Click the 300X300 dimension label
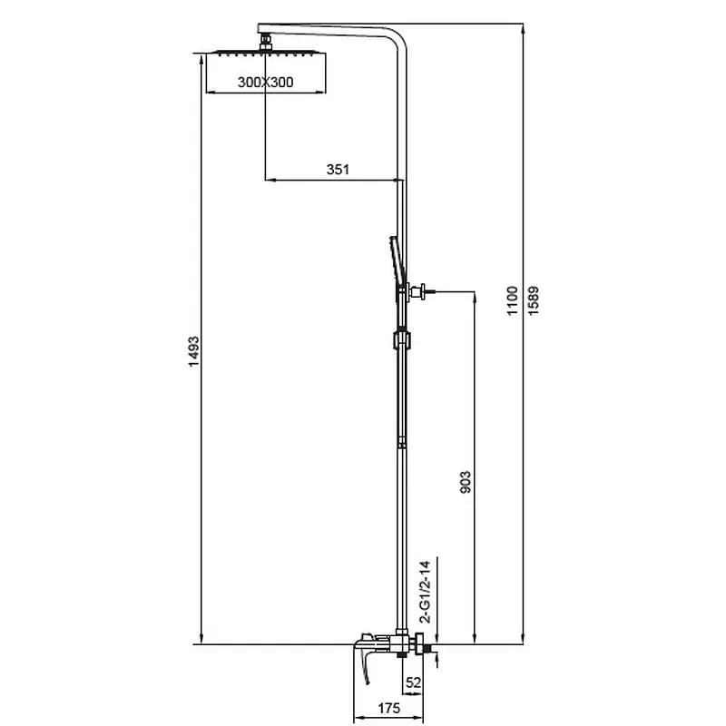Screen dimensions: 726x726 [x=265, y=82]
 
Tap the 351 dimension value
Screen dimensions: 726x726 [x=338, y=170]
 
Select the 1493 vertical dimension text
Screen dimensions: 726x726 [x=194, y=352]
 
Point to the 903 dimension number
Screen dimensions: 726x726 [x=466, y=482]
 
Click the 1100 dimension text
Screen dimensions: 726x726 [x=512, y=301]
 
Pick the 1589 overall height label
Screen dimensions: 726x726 [x=534, y=301]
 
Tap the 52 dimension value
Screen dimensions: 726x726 [x=414, y=682]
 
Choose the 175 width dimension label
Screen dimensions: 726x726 [x=389, y=708]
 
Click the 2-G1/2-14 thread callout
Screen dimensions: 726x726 [x=425, y=592]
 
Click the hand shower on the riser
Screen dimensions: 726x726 [x=395, y=269]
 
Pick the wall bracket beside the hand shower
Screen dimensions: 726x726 [x=421, y=291]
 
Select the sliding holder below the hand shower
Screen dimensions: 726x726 [x=402, y=338]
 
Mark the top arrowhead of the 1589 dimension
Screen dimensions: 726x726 [x=524, y=29]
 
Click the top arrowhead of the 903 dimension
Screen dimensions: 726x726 [x=475, y=298]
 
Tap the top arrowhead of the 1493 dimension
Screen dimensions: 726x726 [x=201, y=59]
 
